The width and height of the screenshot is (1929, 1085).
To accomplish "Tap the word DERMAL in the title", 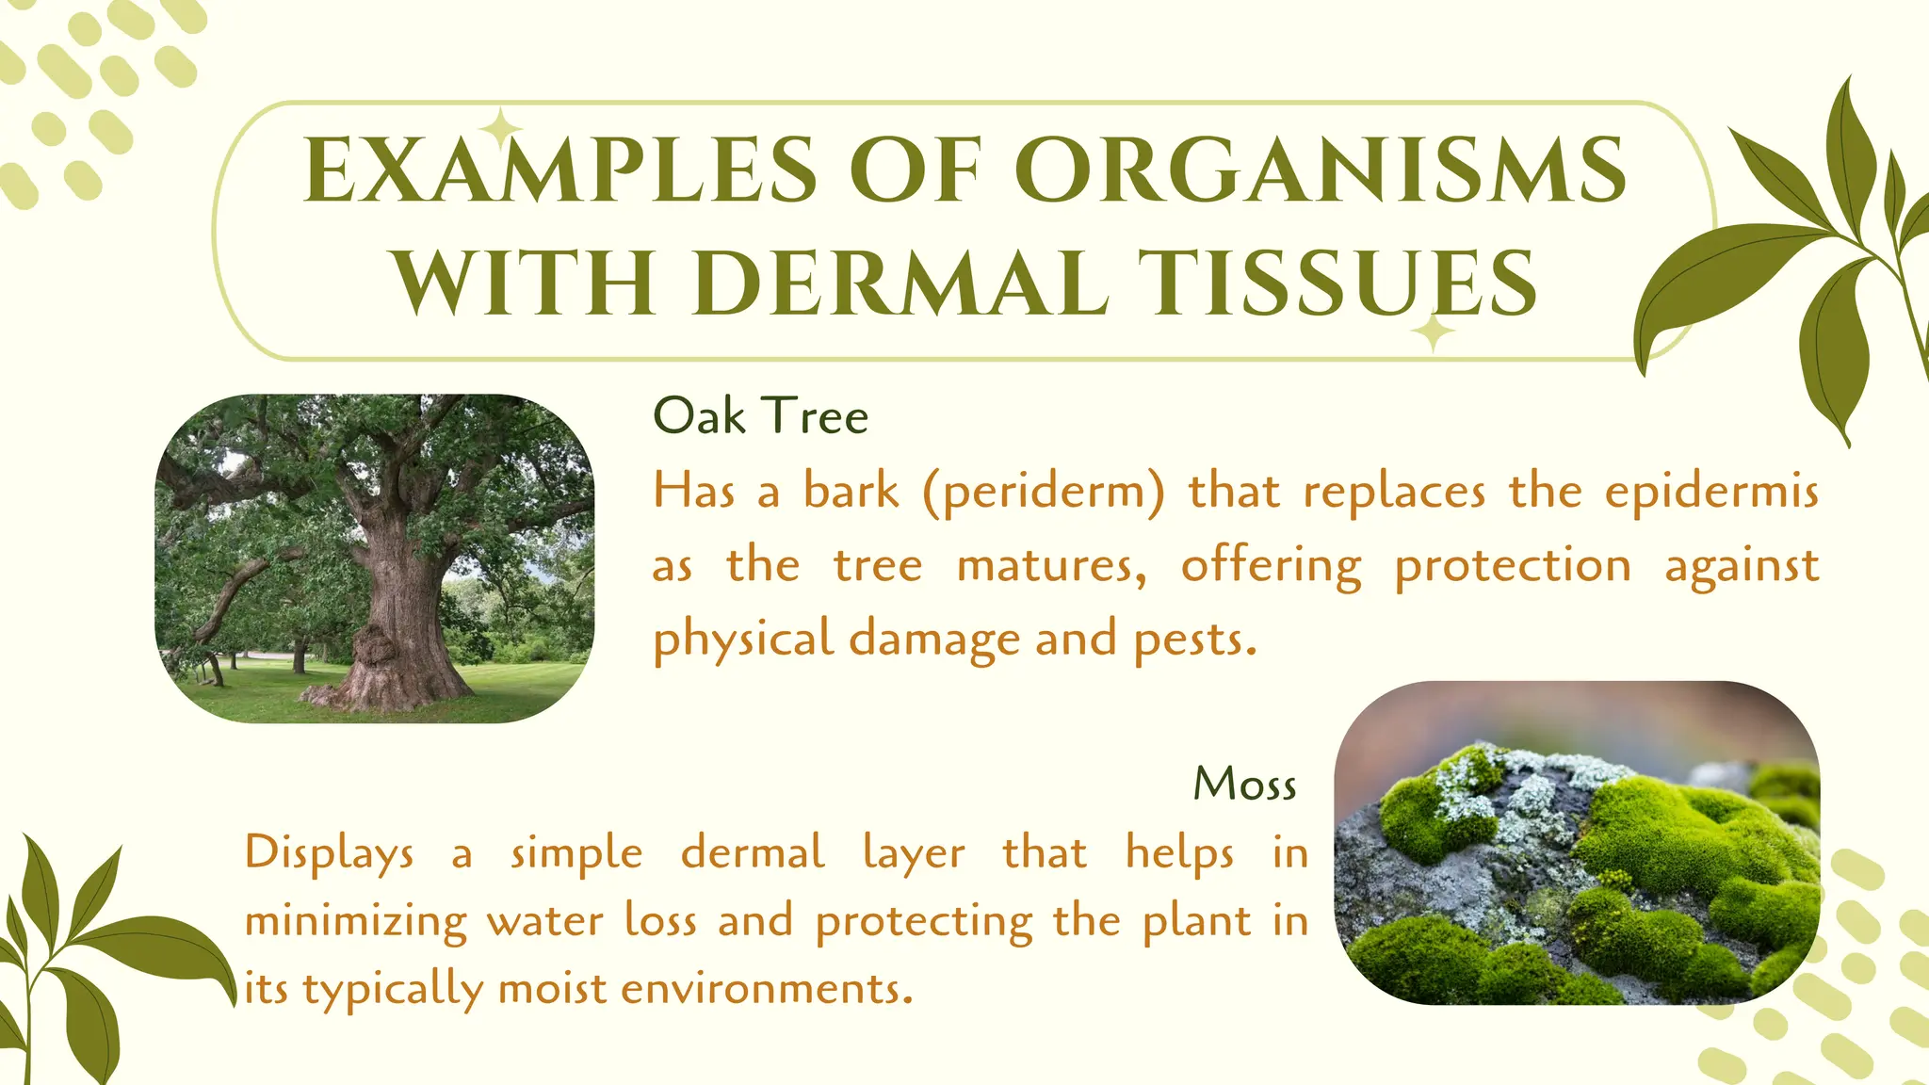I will tap(904, 283).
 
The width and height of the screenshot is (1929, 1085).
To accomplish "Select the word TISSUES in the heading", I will tap(1337, 283).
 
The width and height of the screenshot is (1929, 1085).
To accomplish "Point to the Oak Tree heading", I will tap(760, 416).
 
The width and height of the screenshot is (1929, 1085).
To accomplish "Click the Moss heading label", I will tap(1245, 784).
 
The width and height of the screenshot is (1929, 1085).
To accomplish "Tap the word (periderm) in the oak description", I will tap(1044, 492).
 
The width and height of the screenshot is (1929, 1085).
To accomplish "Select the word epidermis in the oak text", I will tap(1710, 492).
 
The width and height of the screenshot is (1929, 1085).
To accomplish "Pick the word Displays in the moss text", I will tap(329, 853).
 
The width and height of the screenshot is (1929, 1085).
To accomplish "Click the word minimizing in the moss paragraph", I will tap(355, 921).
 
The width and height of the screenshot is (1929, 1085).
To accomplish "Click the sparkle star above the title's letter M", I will tap(502, 128).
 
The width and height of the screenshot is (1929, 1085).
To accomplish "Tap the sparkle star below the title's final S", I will tap(1433, 332).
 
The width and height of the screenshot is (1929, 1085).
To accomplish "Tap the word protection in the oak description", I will tap(1513, 566).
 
